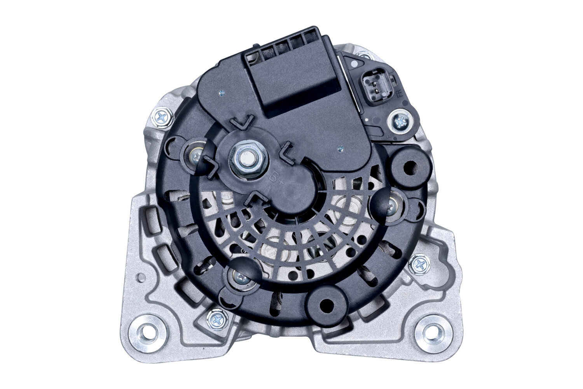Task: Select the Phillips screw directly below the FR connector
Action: tap(400, 122)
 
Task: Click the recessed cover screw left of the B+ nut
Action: tap(195, 157)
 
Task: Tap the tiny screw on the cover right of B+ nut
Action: tap(341, 147)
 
